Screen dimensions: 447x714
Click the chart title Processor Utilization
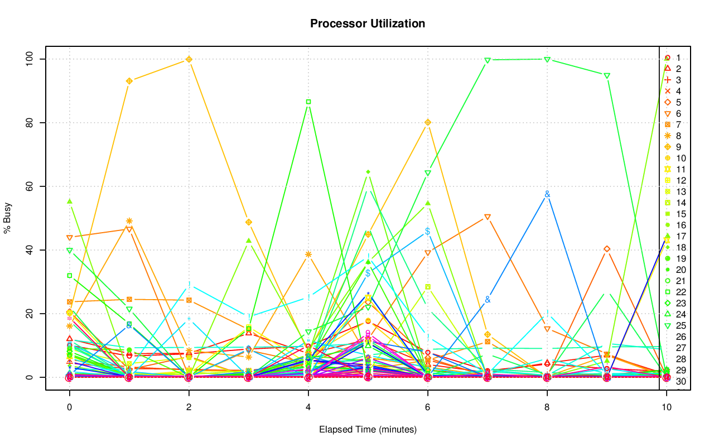point(368,23)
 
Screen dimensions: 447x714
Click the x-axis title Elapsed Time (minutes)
point(368,430)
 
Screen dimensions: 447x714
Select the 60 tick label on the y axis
point(28,186)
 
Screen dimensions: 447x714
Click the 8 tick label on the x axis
point(547,408)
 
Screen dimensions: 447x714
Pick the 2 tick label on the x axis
point(189,408)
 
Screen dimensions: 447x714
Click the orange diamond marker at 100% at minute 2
point(189,59)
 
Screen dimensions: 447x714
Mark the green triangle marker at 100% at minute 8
point(547,59)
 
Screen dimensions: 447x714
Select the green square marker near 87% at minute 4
point(308,102)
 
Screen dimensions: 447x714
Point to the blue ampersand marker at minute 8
point(547,194)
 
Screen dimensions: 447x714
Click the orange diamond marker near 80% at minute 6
point(428,122)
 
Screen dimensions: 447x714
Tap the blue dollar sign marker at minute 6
point(428,231)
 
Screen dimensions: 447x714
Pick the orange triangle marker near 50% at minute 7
point(488,217)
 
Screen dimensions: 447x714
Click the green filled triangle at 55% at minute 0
point(69,201)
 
